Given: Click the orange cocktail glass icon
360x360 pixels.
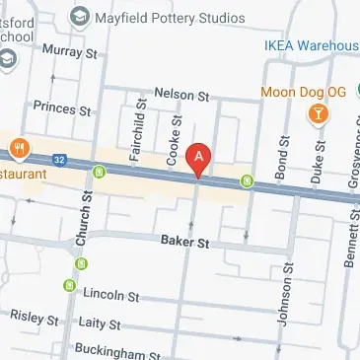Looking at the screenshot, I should [319, 116].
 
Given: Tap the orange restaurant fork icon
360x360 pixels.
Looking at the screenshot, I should [19, 149].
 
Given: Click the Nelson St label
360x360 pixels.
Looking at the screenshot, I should [182, 97].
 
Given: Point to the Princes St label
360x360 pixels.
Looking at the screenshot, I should [60, 106].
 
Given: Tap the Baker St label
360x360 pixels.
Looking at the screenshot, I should [184, 241].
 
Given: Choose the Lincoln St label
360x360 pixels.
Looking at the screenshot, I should [110, 295].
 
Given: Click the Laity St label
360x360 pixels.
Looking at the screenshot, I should [101, 324].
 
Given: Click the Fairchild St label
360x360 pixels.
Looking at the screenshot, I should [139, 128].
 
